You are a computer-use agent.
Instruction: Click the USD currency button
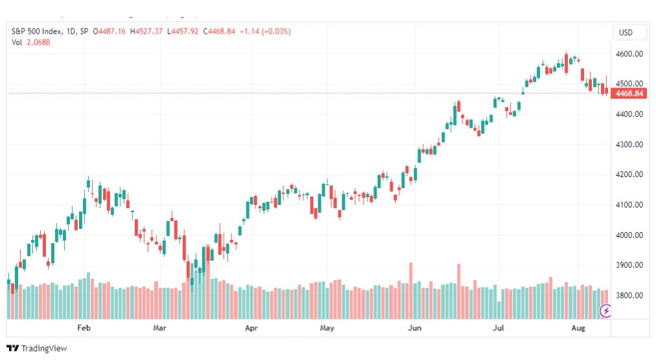(626, 32)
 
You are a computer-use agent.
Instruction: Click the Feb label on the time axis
(84, 328)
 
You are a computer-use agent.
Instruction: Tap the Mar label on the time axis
(160, 328)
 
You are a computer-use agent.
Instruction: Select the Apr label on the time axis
(251, 328)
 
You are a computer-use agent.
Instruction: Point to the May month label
(327, 328)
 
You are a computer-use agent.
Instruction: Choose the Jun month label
(414, 328)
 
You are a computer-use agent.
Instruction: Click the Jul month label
(499, 328)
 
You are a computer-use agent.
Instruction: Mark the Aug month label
(579, 328)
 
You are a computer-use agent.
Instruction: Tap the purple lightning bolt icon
(605, 311)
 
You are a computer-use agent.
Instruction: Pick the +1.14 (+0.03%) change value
(265, 31)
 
